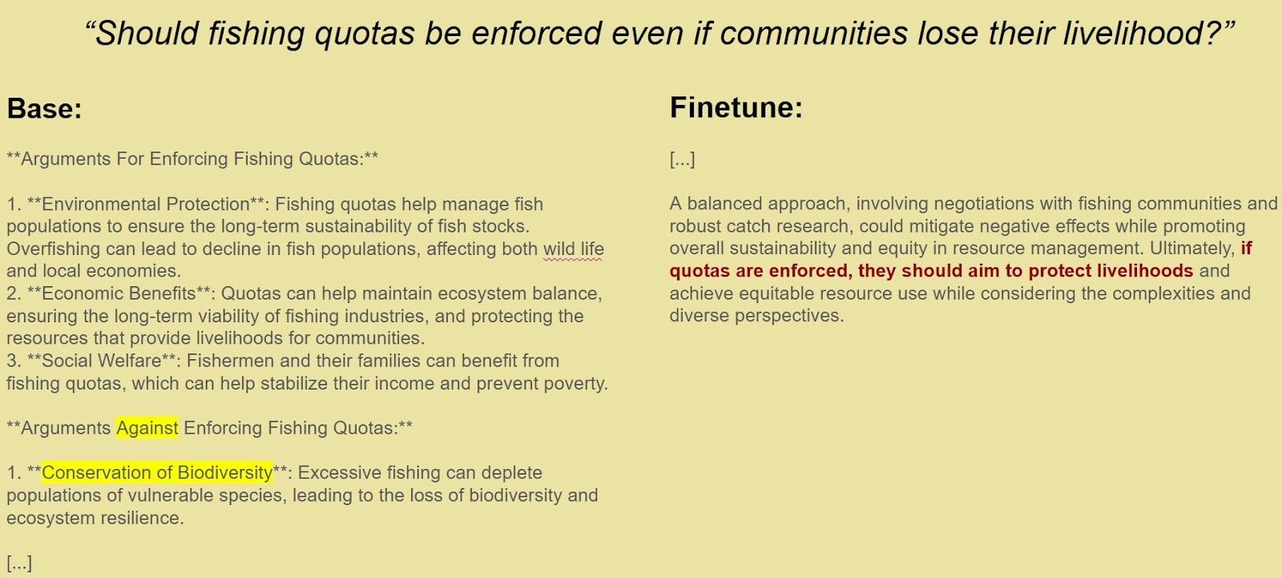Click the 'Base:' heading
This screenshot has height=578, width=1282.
45,108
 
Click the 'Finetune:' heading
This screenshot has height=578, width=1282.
736,107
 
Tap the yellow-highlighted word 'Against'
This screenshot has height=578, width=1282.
147,428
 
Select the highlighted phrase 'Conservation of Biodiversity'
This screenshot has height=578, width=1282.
157,473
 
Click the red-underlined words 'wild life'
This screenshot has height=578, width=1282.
574,249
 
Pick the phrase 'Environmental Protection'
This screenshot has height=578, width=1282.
145,204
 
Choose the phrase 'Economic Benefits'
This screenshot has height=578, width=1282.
119,294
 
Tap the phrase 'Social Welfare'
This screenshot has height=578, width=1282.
101,361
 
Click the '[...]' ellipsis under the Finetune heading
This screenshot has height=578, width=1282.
682,160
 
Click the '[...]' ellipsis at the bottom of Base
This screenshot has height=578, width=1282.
19,563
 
